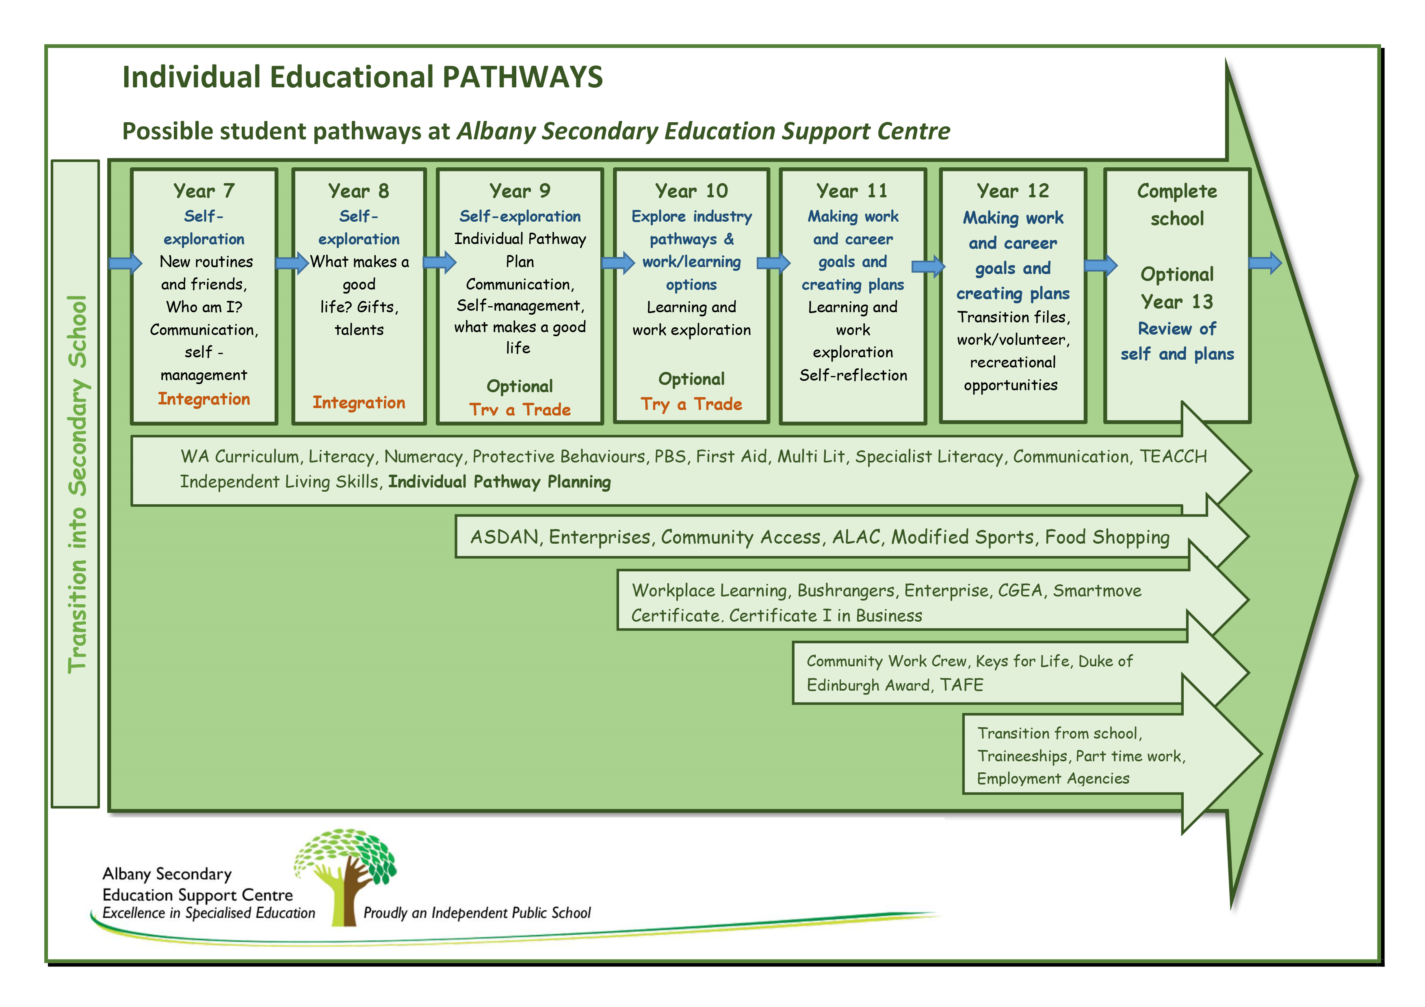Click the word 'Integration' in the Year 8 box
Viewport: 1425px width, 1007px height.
point(358,403)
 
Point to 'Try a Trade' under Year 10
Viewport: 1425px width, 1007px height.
point(691,404)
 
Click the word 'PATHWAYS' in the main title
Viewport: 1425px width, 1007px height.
point(522,77)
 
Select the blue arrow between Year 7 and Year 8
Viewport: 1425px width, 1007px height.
point(292,263)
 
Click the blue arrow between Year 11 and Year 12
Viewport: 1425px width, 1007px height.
point(928,267)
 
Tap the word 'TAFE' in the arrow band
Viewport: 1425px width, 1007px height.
point(962,685)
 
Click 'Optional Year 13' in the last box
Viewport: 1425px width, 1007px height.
point(1177,288)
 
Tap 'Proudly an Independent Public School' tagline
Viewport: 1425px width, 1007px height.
point(476,913)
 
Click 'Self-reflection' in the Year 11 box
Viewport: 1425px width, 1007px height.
point(853,375)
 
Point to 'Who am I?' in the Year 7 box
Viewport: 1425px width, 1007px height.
point(204,307)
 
